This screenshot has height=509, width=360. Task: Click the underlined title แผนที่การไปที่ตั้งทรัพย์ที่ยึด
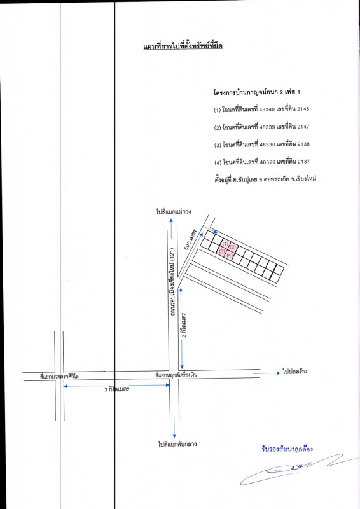click(183, 46)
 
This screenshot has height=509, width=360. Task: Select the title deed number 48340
click(267, 109)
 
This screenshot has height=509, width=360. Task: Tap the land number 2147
click(303, 127)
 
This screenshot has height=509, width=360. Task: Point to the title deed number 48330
click(268, 144)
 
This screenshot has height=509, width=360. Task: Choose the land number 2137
click(303, 162)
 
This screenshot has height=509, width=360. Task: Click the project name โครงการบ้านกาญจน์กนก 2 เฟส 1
click(257, 92)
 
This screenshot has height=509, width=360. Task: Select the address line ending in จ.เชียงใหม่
click(265, 179)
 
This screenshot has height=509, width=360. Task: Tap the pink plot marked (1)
click(226, 244)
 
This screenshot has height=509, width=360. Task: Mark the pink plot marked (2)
click(233, 248)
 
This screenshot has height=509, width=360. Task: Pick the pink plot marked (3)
click(222, 251)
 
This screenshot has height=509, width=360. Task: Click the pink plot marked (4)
click(229, 256)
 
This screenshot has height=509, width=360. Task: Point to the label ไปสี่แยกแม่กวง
click(174, 211)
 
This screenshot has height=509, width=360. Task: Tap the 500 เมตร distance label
click(191, 240)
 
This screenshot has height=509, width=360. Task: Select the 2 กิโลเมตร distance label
click(184, 325)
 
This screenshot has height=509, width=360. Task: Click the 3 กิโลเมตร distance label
click(117, 389)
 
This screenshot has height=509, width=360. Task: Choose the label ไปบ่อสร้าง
click(295, 372)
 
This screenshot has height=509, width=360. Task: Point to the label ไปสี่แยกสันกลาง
click(177, 443)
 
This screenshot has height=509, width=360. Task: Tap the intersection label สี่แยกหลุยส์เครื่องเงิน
click(176, 375)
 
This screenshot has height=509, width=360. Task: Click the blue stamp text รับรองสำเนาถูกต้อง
click(287, 449)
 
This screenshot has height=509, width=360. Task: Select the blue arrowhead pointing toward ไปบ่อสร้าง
click(278, 373)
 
